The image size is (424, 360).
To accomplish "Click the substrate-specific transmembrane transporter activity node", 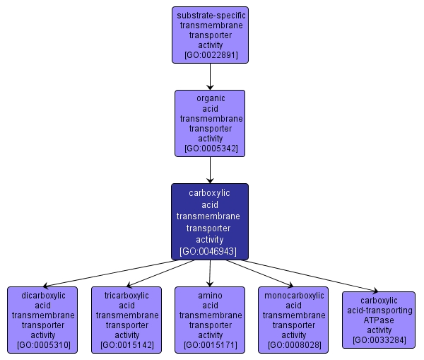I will [x=210, y=35].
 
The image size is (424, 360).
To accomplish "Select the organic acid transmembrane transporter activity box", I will [x=210, y=123].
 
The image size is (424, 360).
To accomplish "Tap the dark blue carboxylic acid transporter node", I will [x=210, y=221].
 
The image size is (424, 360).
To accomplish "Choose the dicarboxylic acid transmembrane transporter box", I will [x=43, y=320].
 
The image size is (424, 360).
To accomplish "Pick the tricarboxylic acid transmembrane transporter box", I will [x=127, y=320].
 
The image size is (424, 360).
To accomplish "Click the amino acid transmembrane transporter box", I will [x=210, y=320].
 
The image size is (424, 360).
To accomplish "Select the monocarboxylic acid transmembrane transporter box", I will [x=294, y=320].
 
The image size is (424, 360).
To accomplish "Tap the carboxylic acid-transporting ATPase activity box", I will [x=378, y=320].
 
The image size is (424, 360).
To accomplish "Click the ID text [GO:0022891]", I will [x=210, y=54].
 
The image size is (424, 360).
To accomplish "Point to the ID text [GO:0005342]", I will [x=210, y=149].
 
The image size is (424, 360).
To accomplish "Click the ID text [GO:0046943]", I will [x=210, y=251].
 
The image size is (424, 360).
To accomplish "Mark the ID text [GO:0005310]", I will [x=43, y=345].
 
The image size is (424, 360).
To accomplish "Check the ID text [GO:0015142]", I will [x=127, y=345].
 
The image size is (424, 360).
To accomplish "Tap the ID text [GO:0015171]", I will [x=210, y=345].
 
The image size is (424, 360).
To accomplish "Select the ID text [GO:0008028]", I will [x=294, y=345].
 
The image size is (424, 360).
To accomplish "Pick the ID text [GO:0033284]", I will [x=378, y=340].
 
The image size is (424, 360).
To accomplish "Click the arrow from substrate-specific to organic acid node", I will [x=210, y=76].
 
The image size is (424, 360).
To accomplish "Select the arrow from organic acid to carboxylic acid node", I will [x=210, y=170].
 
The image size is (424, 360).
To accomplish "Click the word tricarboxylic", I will [x=127, y=295].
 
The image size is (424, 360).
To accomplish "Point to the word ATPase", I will [x=378, y=320].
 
